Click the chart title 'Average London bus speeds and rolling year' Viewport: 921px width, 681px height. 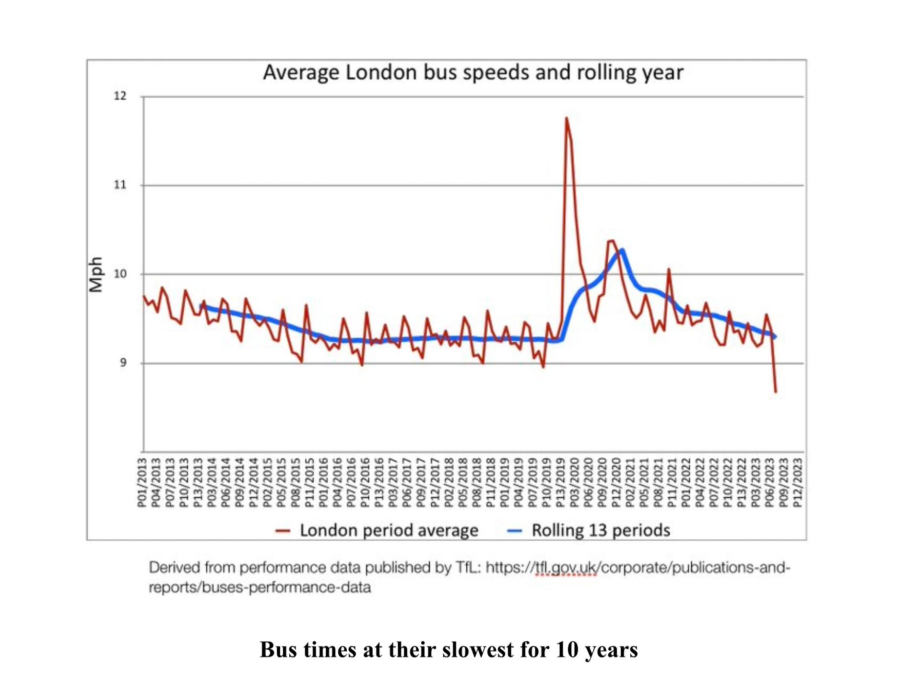[x=473, y=73]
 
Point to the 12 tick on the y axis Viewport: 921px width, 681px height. [x=120, y=96]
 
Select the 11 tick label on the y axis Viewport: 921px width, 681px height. [x=120, y=185]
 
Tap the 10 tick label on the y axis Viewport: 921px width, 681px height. [x=120, y=274]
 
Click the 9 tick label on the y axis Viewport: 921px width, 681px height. [x=123, y=363]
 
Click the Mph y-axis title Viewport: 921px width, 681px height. [x=96, y=274]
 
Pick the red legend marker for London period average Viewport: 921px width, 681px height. [x=283, y=531]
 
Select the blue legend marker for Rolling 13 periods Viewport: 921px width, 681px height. [x=514, y=531]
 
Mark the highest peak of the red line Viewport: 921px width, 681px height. [x=567, y=118]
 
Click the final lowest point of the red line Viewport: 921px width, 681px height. [x=776, y=392]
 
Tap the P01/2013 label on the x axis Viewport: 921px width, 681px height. [x=142, y=482]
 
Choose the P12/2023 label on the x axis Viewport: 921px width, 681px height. [x=798, y=482]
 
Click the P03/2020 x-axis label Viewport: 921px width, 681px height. [x=574, y=482]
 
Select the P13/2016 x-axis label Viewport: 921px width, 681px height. [x=379, y=482]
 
